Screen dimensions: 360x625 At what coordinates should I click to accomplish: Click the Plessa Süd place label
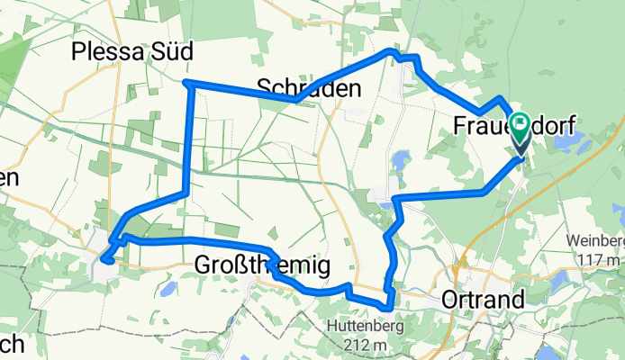point(131,53)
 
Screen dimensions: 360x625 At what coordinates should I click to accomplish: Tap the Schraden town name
point(309,88)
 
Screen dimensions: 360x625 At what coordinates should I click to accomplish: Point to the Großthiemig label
point(262,265)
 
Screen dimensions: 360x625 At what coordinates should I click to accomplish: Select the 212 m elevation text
point(365,345)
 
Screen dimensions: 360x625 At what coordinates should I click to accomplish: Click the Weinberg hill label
point(596,242)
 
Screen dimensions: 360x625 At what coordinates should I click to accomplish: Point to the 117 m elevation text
point(597,259)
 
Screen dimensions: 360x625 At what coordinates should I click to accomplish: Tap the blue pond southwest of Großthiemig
point(167,290)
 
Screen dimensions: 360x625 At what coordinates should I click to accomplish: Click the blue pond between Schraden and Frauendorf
point(398,162)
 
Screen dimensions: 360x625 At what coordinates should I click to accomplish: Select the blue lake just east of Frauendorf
point(573,141)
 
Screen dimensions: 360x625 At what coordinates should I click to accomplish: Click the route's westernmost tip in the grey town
point(103,260)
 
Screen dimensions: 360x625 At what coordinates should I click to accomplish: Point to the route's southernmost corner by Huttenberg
point(388,308)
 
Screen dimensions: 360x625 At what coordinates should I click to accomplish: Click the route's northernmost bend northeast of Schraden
point(390,51)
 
